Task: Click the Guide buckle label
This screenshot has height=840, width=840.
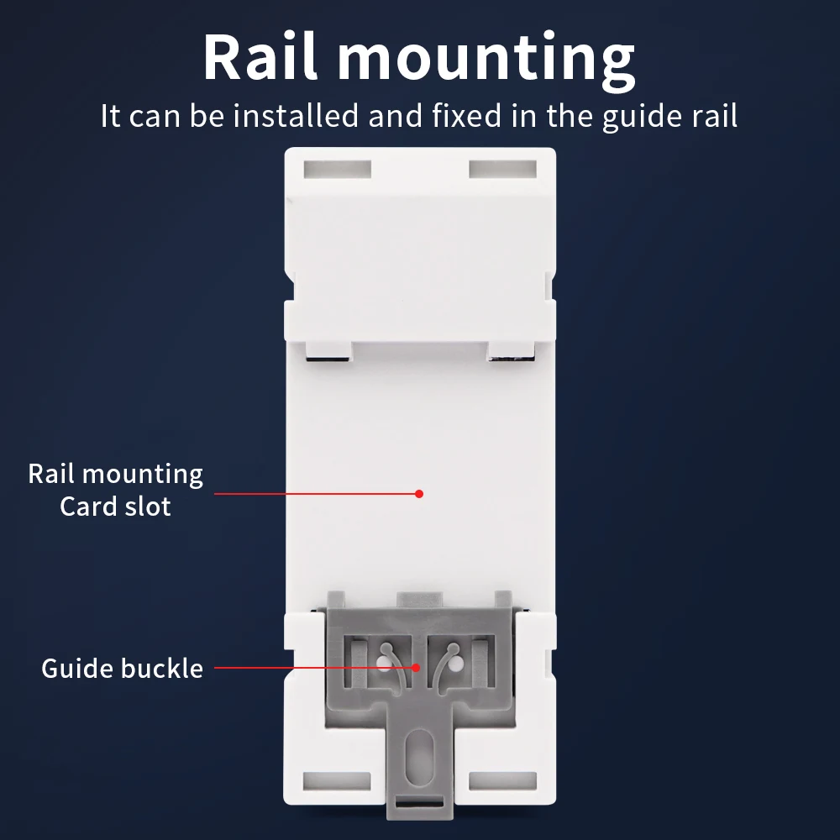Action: click(x=122, y=669)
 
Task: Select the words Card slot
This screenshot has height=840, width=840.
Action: click(x=115, y=507)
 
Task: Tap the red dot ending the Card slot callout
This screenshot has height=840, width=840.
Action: click(x=419, y=494)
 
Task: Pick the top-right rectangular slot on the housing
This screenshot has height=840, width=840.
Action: click(x=501, y=168)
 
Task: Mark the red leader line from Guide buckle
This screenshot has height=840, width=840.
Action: click(x=315, y=669)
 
